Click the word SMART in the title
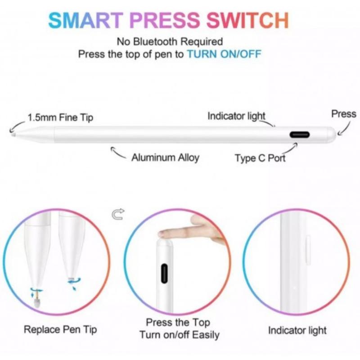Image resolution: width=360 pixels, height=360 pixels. click(x=85, y=20)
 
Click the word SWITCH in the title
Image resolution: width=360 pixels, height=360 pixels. click(x=247, y=20)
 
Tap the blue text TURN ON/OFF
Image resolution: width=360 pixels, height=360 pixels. click(x=224, y=54)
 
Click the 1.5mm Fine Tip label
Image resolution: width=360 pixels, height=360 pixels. click(x=60, y=117)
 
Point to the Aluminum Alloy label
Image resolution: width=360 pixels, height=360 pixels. click(x=165, y=157)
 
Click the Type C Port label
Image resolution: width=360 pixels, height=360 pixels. click(x=260, y=158)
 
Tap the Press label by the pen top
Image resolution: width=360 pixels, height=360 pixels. click(x=344, y=114)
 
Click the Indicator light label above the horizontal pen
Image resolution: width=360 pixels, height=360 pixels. click(x=236, y=116)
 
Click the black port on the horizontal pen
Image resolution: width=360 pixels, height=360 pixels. click(x=299, y=135)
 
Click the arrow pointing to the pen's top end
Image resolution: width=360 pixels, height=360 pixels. click(x=344, y=129)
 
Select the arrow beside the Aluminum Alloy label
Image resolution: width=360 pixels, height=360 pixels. click(x=117, y=152)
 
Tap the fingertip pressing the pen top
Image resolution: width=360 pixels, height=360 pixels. click(x=163, y=234)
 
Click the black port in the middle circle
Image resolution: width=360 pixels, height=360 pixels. click(x=164, y=273)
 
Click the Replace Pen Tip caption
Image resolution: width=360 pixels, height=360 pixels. click(x=60, y=329)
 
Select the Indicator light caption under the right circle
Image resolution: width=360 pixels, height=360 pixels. click(x=297, y=330)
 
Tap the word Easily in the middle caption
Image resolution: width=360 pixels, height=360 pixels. click(x=206, y=335)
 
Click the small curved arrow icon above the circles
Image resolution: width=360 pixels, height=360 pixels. click(x=118, y=214)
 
